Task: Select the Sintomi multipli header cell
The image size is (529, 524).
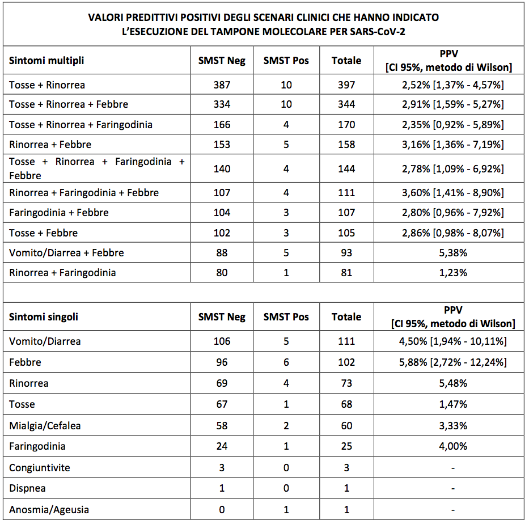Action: tap(46, 61)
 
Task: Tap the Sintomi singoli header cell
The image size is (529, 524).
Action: tap(44, 317)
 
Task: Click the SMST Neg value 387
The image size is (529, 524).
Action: tap(222, 85)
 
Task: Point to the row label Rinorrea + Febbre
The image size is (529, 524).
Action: tap(50, 145)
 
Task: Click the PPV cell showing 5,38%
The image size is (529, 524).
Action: tap(452, 253)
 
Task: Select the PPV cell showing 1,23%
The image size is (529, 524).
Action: tap(452, 273)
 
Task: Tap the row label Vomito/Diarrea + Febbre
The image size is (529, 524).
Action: tap(66, 253)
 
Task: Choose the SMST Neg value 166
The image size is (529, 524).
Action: tap(222, 124)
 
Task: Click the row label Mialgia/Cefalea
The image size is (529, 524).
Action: tap(45, 426)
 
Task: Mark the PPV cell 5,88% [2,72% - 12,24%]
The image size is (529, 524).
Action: tap(452, 362)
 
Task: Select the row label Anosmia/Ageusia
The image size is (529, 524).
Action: tap(49, 510)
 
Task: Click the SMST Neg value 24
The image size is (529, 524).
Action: tap(222, 447)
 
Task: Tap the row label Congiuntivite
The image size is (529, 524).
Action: tap(40, 468)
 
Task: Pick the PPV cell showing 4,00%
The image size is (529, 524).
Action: tap(452, 447)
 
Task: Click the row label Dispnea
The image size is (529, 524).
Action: tap(27, 488)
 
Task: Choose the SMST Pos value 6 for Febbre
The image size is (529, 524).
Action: tap(286, 362)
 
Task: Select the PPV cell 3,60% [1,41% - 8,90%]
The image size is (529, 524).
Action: tap(452, 193)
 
